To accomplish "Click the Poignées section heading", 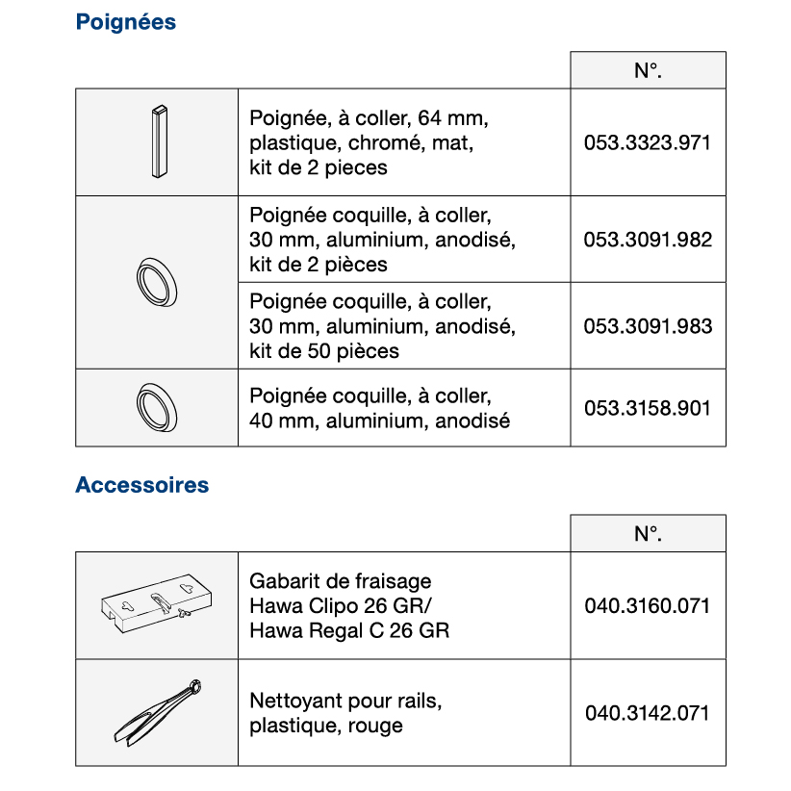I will [x=125, y=22].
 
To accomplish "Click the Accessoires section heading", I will [x=141, y=485].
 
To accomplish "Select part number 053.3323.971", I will [x=647, y=143].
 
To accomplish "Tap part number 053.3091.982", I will [x=647, y=240].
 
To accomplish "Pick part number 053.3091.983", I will [x=647, y=326].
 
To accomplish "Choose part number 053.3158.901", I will [x=647, y=408].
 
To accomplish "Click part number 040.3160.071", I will [x=647, y=606].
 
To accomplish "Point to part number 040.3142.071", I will [x=647, y=713].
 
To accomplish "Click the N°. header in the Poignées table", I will [x=648, y=71].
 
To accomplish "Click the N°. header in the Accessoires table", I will [x=648, y=534].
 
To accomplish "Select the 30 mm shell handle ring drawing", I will [x=157, y=282].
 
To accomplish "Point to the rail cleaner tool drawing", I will [x=157, y=713].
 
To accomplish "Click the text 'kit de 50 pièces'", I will [x=323, y=351].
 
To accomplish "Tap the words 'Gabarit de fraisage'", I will [x=340, y=581].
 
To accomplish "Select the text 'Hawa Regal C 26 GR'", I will [x=348, y=631].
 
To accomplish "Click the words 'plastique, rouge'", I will [x=325, y=727].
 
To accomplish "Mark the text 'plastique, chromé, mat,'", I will [x=362, y=143].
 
